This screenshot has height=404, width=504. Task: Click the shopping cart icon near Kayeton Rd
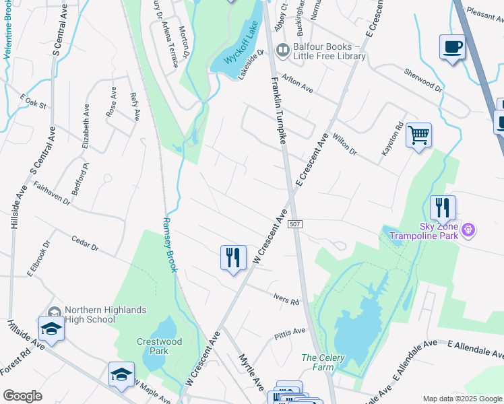coord(418,135)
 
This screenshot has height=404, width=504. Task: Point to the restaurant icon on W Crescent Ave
coord(233,257)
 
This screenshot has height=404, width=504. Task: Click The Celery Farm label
coord(323,362)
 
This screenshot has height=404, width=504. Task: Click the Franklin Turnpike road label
coord(281,111)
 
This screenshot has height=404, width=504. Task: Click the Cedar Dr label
coord(85,243)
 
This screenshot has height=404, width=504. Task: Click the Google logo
coord(22,396)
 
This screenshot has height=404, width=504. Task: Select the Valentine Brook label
coord(20,30)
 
